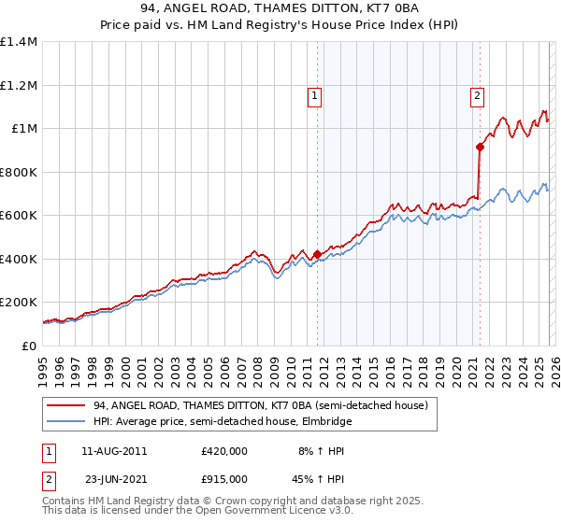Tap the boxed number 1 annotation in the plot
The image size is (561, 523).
point(314,94)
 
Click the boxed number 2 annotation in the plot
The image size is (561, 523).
point(477,94)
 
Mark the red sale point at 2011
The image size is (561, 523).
point(317,254)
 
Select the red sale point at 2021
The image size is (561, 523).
point(480,147)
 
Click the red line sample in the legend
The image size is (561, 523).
point(66,405)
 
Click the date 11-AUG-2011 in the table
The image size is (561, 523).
point(114,451)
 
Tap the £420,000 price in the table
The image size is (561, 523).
point(224,451)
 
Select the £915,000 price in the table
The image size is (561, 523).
point(224,478)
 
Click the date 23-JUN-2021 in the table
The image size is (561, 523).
point(114,478)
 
